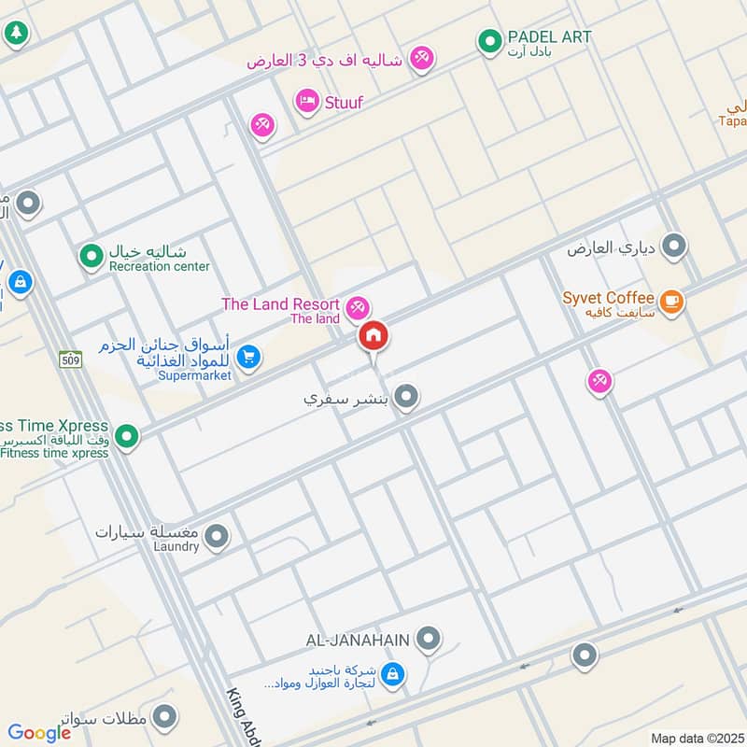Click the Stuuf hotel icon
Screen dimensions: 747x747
[x=307, y=101]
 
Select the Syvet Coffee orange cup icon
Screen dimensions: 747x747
[x=671, y=301]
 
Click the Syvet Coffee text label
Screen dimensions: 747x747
[x=608, y=299]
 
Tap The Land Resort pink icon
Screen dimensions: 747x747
[x=357, y=306]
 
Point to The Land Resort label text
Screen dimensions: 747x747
[x=280, y=304]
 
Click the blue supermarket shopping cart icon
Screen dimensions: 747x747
[x=247, y=356]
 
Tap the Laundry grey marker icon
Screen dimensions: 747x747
[x=217, y=537]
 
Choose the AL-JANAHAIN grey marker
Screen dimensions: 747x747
[x=429, y=639]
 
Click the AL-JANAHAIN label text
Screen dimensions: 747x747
[x=358, y=640]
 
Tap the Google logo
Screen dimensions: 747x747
[x=39, y=733]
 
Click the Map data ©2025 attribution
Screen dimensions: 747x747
[x=696, y=739]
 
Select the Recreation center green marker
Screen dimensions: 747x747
[x=91, y=254]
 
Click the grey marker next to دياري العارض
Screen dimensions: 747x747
[x=674, y=247]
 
